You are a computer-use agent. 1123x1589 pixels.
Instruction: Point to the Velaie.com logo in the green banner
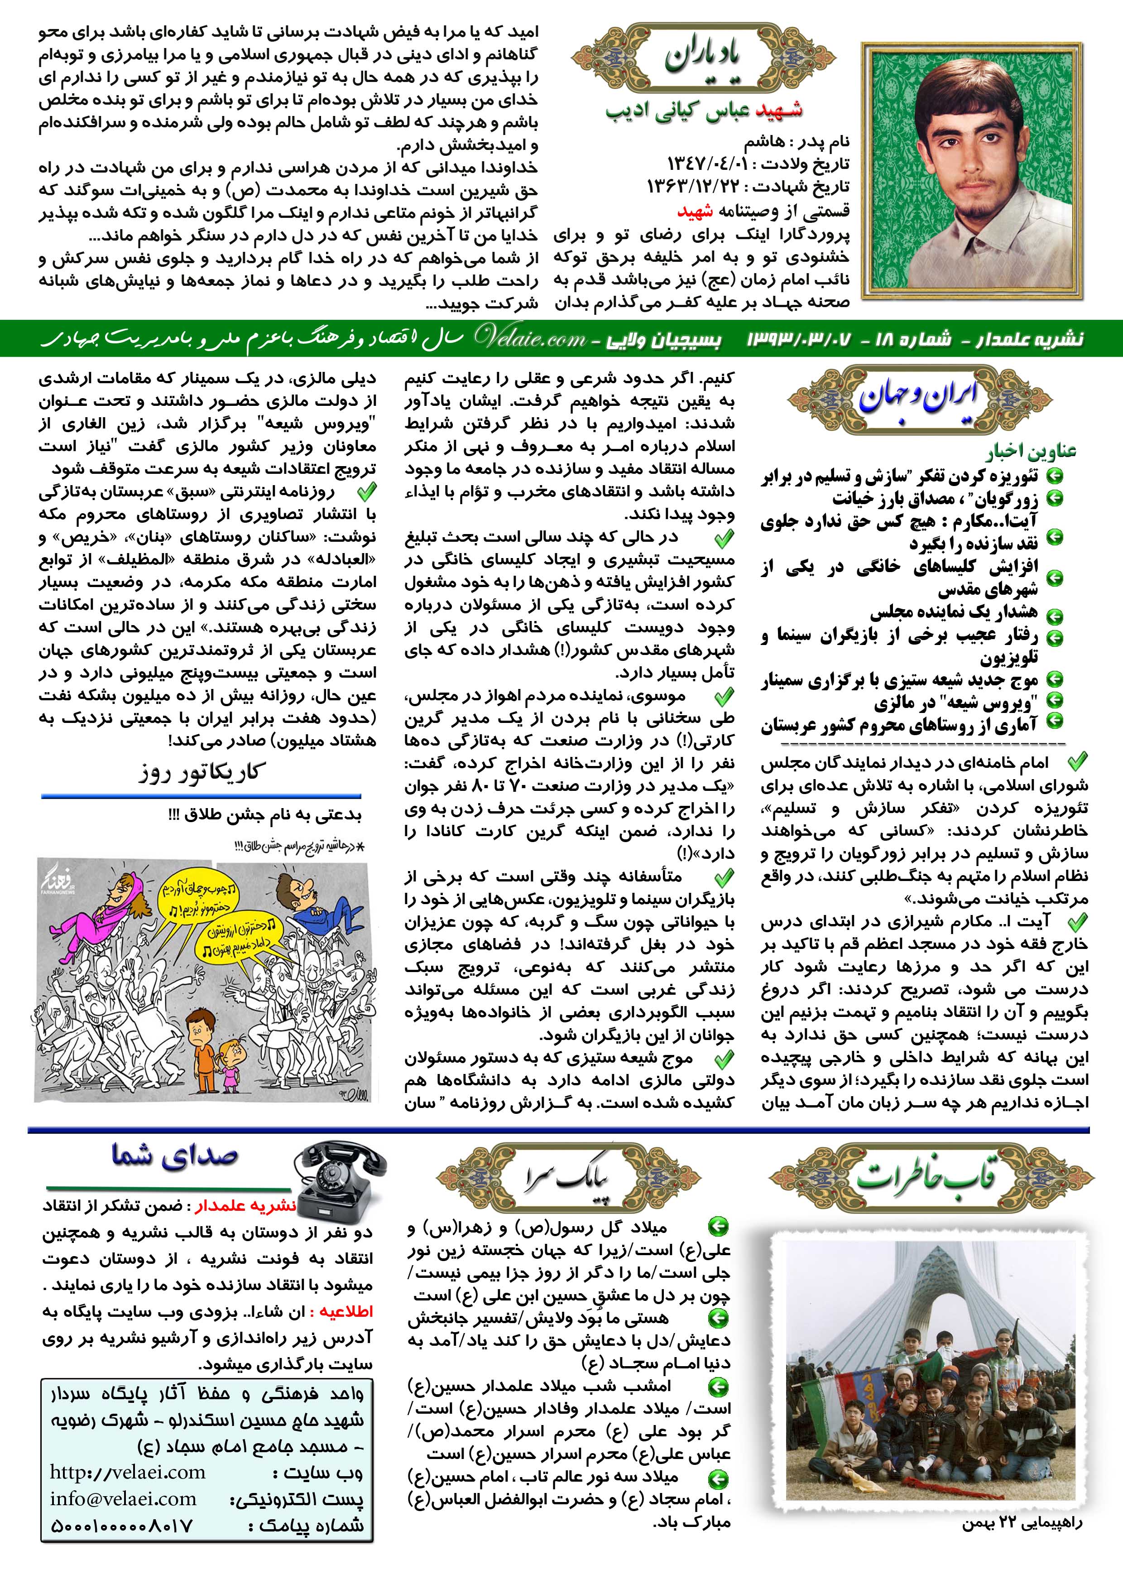[x=529, y=338]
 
